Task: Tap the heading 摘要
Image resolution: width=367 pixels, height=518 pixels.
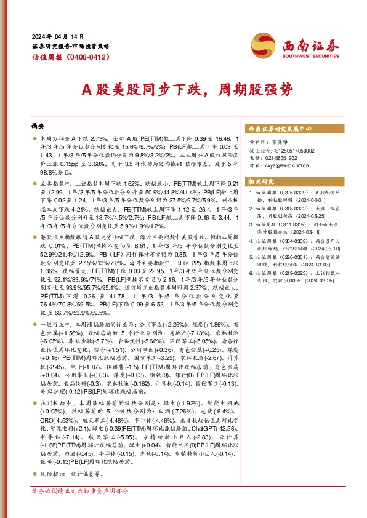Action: coord(38,126)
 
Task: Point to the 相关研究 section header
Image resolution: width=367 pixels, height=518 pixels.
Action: coord(260,181)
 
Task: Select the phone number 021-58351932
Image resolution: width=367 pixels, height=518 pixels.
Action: coord(283,157)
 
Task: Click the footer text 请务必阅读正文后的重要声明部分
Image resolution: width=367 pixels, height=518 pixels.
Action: coord(80,491)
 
